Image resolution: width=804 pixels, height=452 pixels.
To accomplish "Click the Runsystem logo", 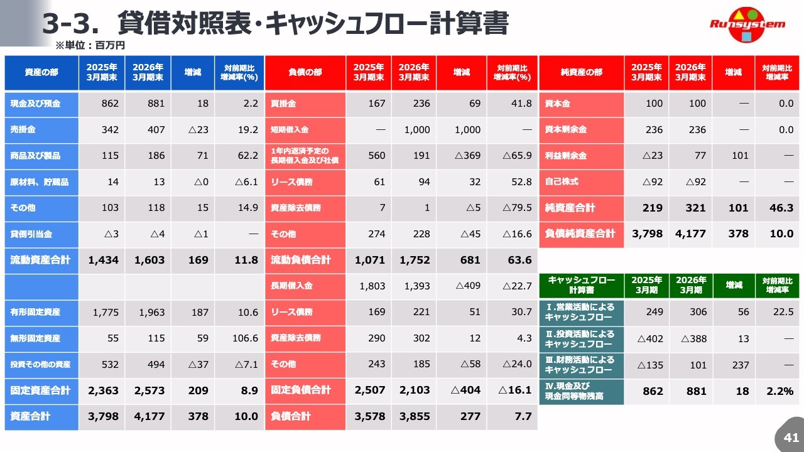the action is pos(747,24).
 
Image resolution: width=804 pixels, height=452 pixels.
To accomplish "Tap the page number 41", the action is pos(791,438).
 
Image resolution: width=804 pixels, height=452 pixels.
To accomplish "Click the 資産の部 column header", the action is pos(41,72).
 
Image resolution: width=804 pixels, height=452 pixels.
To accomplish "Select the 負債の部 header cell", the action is pos(305,72).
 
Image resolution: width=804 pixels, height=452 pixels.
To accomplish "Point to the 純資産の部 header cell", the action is pos(582,72).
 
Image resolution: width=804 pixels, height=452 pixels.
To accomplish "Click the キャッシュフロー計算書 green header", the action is pos(582,285).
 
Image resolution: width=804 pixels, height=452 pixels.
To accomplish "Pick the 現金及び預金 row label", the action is pos(35,104).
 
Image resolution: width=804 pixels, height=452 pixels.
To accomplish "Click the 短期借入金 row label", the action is pos(290,129).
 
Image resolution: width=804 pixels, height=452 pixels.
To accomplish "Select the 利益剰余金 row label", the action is pos(566,156).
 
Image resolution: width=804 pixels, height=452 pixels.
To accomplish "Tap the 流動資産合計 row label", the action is pos(40,260).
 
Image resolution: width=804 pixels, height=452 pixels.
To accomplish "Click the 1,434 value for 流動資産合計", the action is pos(104,260).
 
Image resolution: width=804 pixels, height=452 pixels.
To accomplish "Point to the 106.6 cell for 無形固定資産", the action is pos(245,338).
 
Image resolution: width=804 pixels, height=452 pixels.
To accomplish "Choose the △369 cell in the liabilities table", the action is pos(467,156).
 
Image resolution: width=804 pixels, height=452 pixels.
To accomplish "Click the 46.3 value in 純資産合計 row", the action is pos(781,208).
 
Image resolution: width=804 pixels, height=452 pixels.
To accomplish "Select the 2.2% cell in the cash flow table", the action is pos(780,391).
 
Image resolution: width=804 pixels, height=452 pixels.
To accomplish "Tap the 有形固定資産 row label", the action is pos(35,312).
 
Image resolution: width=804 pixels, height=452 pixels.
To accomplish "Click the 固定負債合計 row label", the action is pos(301,390).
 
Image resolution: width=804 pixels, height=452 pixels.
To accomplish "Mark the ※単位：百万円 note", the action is pos(90,45).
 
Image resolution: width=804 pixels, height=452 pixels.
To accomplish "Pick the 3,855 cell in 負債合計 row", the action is pos(415,416).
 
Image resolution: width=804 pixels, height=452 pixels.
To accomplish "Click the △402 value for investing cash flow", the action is pos(650,338).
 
